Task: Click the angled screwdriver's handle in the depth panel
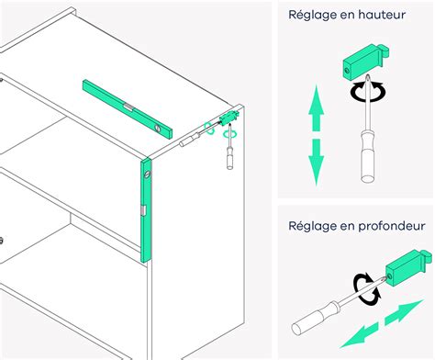pyautogui.click(x=313, y=323)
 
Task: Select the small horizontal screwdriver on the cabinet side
pyautogui.click(x=191, y=139)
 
